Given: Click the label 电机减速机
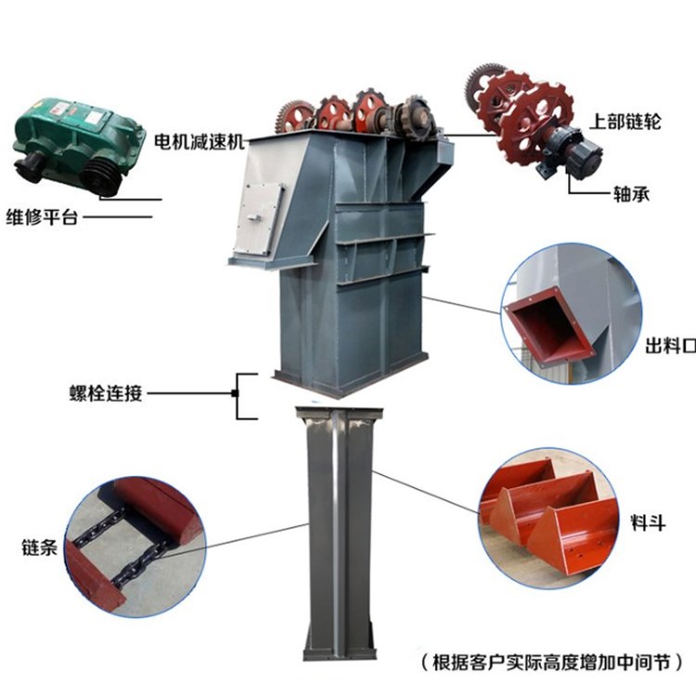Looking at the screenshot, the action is [200, 141].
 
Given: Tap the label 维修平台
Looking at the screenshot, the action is [42, 217].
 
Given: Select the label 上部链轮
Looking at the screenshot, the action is [625, 122].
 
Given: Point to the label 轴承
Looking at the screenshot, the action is [631, 194].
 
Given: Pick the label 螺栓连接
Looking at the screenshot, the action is [106, 393].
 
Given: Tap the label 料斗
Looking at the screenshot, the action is [648, 522].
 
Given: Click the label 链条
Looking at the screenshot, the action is [40, 548].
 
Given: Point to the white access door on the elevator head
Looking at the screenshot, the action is [261, 219].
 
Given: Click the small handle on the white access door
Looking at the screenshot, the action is [254, 217].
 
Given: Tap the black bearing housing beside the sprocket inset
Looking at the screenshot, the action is [572, 152].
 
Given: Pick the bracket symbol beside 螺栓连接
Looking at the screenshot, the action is [243, 393].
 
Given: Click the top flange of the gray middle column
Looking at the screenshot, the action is [339, 412].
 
